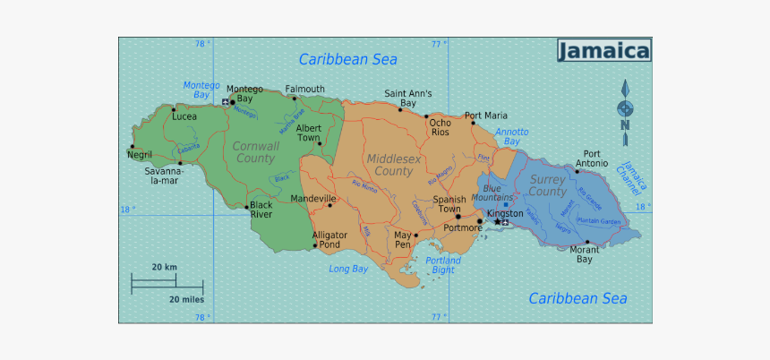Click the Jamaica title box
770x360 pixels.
click(604, 51)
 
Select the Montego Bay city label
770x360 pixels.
click(244, 93)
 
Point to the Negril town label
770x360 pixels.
click(140, 155)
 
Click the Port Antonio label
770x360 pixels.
click(592, 159)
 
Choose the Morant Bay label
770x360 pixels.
click(584, 254)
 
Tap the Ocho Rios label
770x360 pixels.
click(440, 127)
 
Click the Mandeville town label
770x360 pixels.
click(313, 198)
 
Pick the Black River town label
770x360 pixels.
click(261, 210)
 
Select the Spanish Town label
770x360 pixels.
click(449, 204)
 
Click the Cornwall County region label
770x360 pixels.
click(255, 151)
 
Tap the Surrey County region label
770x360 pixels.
click(547, 185)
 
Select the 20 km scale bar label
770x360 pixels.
click(164, 267)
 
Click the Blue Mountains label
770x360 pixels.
click(498, 193)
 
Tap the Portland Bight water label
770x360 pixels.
click(443, 265)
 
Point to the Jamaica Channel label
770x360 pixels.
click(635, 176)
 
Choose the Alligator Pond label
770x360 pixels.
click(328, 239)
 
